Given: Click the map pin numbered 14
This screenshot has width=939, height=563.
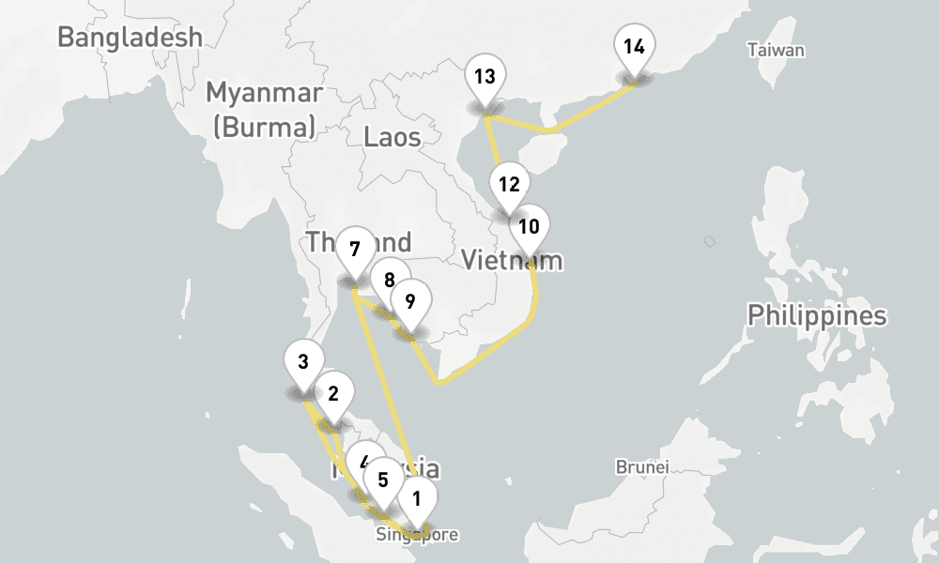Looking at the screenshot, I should click(x=634, y=48).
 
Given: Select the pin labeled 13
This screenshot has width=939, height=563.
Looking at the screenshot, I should click(x=485, y=77).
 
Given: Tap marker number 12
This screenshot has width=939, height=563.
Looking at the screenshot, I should click(x=509, y=184).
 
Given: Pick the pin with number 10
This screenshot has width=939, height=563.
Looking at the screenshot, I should click(x=529, y=226).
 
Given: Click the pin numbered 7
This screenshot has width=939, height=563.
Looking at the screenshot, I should click(x=355, y=250).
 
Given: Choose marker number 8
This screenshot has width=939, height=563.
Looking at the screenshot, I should click(x=388, y=279).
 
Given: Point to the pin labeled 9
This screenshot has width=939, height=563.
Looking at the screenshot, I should click(x=410, y=302).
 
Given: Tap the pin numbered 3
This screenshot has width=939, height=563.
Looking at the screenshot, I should click(x=302, y=362).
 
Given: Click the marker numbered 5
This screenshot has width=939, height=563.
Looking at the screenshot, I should click(x=382, y=479).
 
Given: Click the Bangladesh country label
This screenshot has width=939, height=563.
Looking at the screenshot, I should click(x=130, y=37).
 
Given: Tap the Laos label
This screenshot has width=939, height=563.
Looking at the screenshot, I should click(x=393, y=138).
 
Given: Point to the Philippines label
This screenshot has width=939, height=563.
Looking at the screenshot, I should click(x=817, y=315).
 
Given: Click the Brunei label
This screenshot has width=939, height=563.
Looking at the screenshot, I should click(x=641, y=466).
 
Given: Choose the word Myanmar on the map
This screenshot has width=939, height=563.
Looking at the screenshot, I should click(x=265, y=93).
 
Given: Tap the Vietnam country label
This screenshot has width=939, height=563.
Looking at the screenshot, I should click(x=512, y=261).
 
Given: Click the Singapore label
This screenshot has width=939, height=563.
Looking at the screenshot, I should click(x=417, y=536).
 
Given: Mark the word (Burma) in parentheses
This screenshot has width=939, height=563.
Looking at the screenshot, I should click(x=265, y=126).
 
